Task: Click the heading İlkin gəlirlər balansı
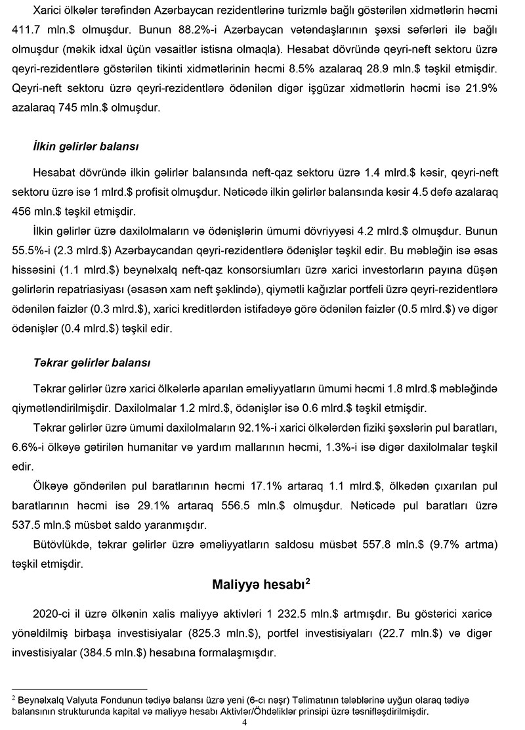pos(85,145)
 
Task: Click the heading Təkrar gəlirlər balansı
pos(92,362)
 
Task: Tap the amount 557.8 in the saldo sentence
pos(380,545)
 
